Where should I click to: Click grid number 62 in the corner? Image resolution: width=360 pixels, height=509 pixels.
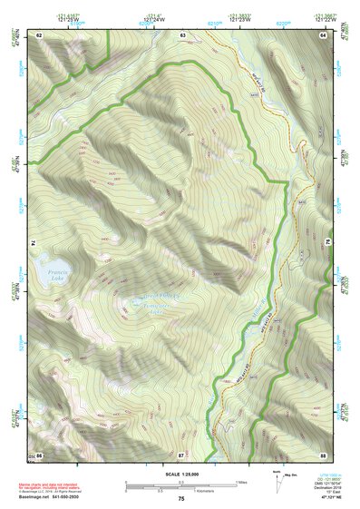39,34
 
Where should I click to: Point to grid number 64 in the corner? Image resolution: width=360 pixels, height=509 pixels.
322,34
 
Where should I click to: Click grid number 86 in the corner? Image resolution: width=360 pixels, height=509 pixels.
39,453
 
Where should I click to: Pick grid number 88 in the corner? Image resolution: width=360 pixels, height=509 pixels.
322,453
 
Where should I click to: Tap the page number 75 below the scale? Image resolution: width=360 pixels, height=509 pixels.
181,498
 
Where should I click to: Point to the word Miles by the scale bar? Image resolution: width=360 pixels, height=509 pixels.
242,481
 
